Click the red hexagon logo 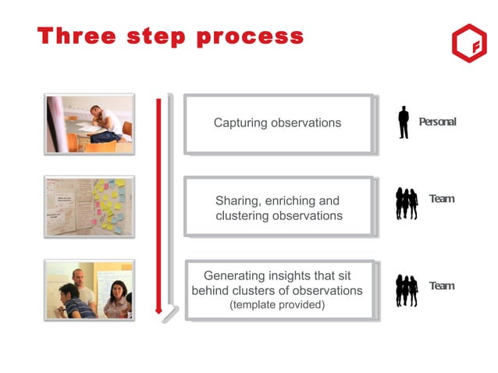[x=468, y=44]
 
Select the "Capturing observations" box [x=278, y=123]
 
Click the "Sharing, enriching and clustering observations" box [x=278, y=208]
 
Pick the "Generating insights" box [x=278, y=290]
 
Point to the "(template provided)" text [x=277, y=305]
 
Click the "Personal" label [x=437, y=123]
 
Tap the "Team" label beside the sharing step [x=441, y=199]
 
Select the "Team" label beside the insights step [x=441, y=286]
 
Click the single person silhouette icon [x=404, y=123]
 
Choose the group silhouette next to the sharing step [x=406, y=204]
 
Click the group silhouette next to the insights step [x=406, y=290]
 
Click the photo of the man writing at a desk [x=89, y=123]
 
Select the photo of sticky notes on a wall [x=89, y=207]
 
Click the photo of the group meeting [x=89, y=290]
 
